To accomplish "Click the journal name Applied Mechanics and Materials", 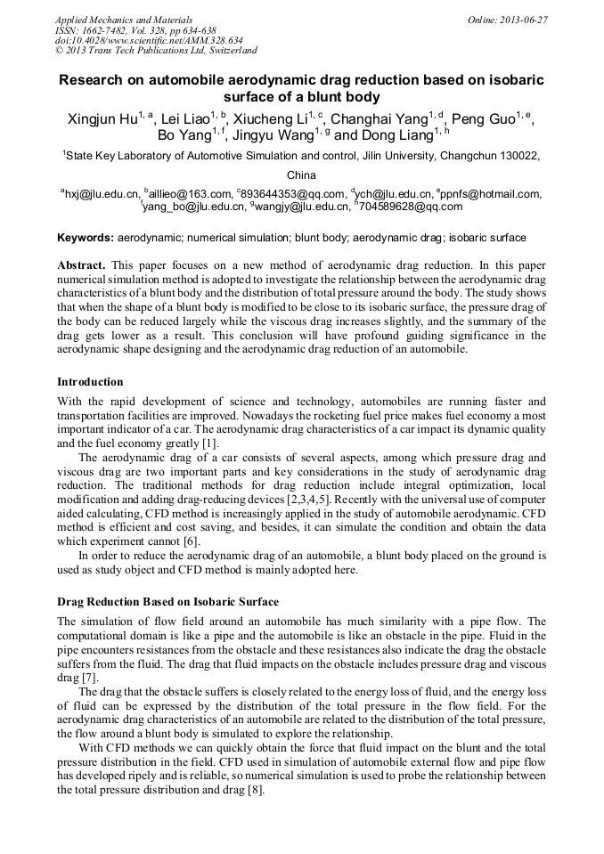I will tap(123, 19).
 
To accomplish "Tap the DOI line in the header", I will tap(148, 40).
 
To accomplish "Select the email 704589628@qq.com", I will tap(411, 207).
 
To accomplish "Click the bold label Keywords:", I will tap(86, 238).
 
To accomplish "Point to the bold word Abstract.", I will tap(81, 266).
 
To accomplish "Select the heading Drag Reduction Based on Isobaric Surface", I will tap(167, 601).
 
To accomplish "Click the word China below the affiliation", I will tap(301, 175).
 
